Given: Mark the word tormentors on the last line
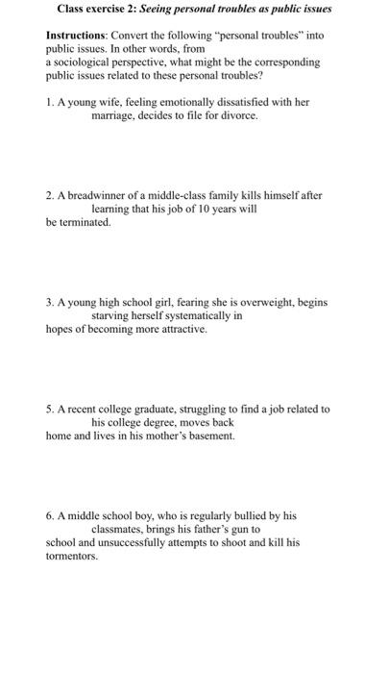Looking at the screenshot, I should coord(72,555).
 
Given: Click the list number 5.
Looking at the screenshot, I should coord(50,408).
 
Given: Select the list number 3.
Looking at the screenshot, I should coord(50,301).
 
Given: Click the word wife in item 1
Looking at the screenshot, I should coord(106,102).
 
